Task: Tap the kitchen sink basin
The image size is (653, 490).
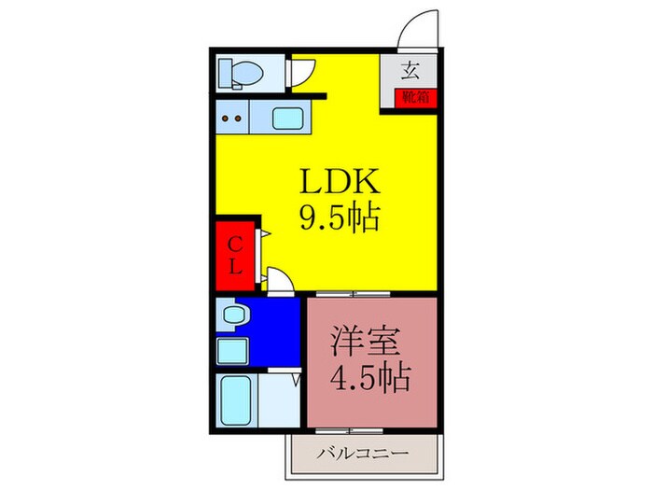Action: tap(286, 119)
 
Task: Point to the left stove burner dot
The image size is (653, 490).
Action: tap(227, 119)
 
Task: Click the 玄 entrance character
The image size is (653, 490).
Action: tap(410, 69)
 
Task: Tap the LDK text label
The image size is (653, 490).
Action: tap(337, 180)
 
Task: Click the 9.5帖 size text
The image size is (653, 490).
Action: tap(338, 218)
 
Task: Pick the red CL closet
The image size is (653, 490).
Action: tap(236, 254)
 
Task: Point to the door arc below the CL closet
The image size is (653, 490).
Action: tap(278, 280)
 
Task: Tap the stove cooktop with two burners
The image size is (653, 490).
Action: tap(234, 119)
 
